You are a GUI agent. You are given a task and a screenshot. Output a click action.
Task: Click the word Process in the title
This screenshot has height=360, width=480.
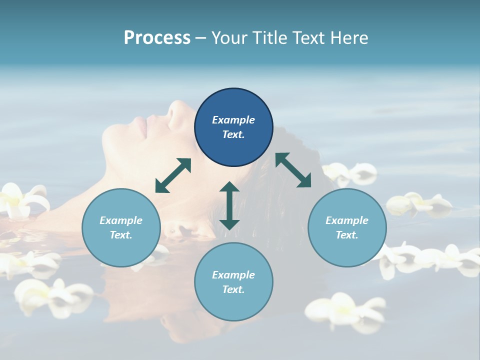pyautogui.click(x=157, y=38)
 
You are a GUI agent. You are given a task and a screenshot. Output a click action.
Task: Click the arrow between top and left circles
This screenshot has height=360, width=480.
pyautogui.click(x=173, y=175)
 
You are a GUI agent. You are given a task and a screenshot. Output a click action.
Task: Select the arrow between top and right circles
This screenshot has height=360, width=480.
pyautogui.click(x=293, y=170)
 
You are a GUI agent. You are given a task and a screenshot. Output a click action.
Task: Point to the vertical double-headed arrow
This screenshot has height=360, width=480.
pyautogui.click(x=229, y=205)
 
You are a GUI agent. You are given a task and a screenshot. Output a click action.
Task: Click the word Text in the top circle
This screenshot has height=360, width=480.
pyautogui.click(x=233, y=134)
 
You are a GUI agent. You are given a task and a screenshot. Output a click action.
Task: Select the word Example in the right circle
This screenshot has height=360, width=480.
pyautogui.click(x=347, y=220)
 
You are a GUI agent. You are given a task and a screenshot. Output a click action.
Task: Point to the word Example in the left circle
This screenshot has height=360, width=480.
pyautogui.click(x=121, y=220)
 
